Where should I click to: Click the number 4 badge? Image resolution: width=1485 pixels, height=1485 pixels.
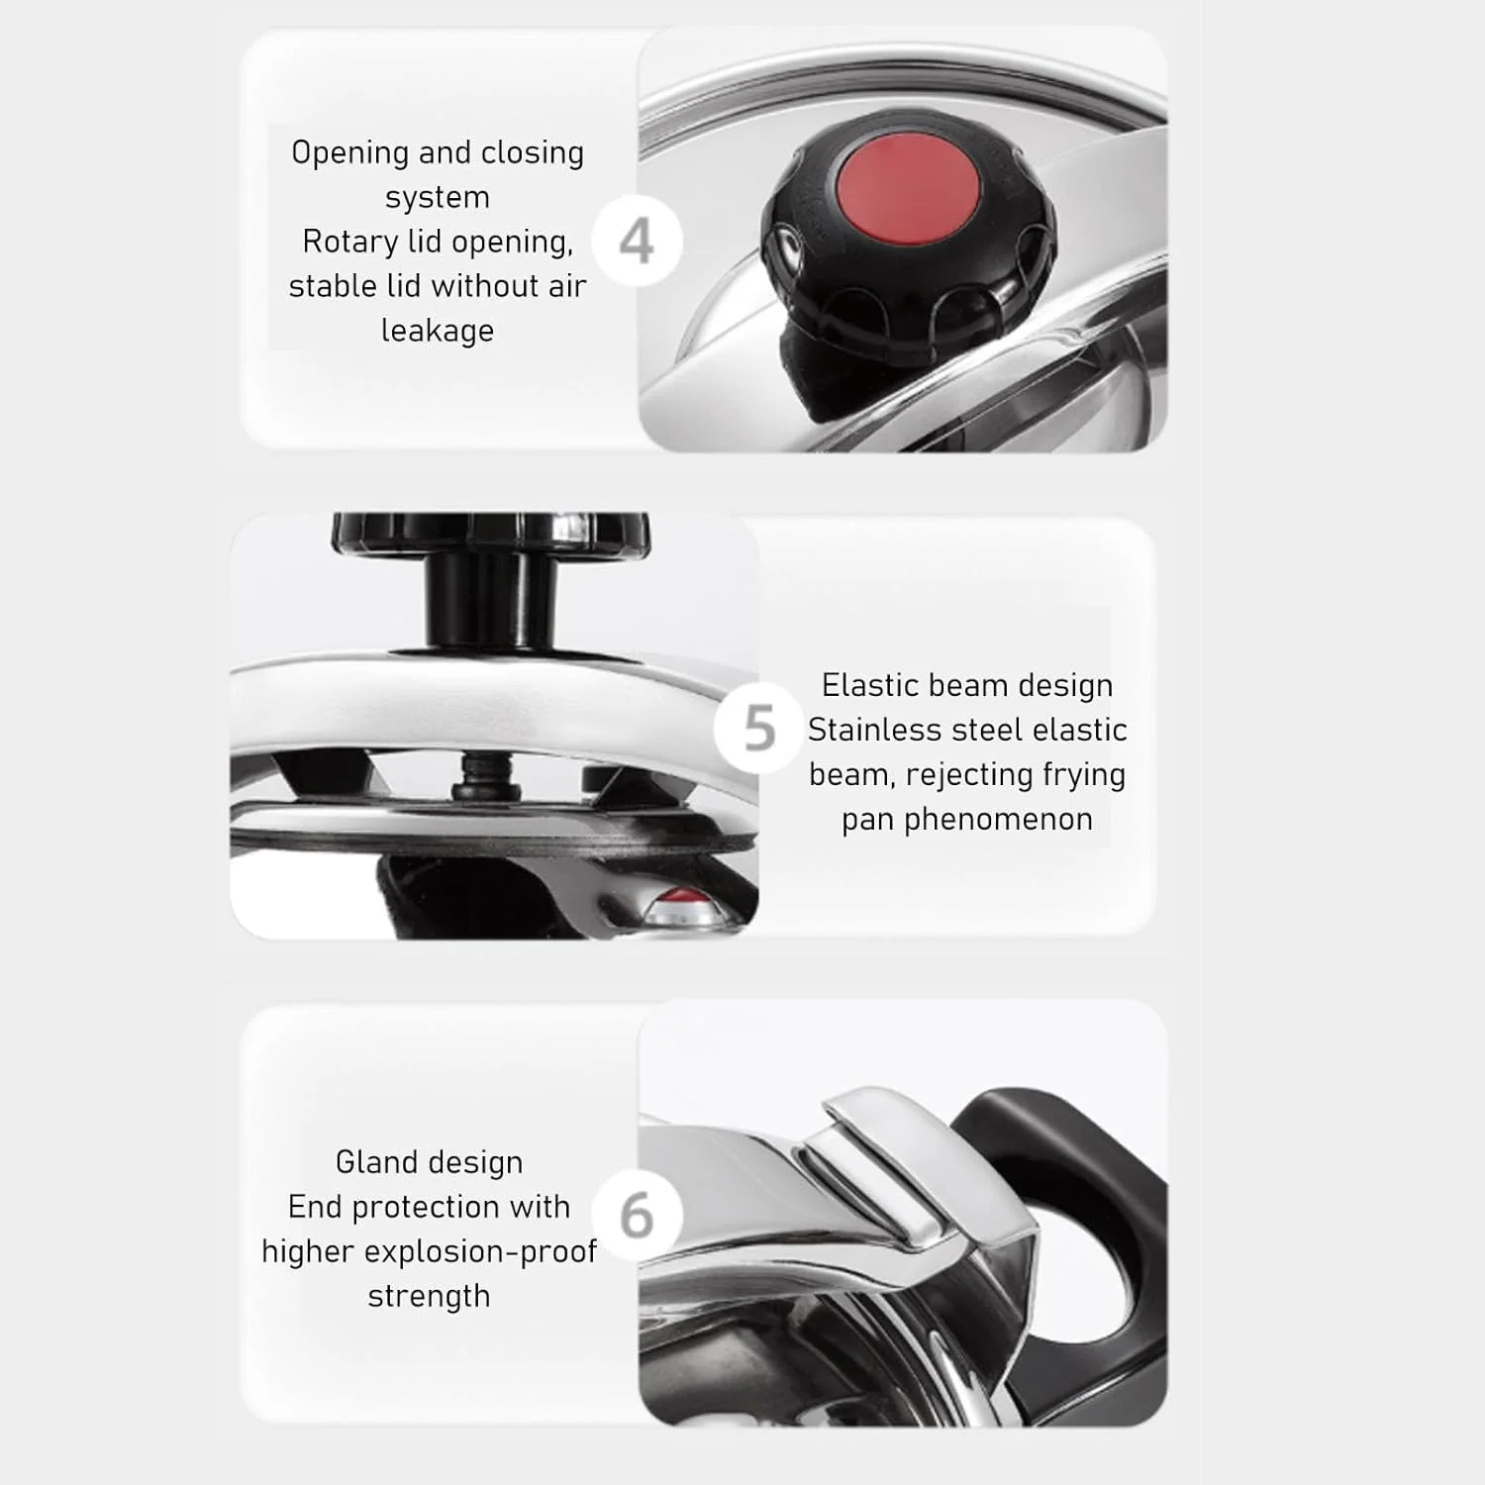[637, 242]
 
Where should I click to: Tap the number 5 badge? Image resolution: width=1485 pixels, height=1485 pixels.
[759, 729]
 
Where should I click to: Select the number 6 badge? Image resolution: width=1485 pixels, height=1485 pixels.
[637, 1216]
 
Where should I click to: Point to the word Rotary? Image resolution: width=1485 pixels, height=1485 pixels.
[349, 243]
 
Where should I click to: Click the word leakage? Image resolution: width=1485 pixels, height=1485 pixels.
[438, 331]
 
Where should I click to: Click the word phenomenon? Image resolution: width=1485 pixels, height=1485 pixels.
[967, 820]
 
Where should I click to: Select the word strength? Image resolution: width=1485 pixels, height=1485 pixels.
[429, 1297]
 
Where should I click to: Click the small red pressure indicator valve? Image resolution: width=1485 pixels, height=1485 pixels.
[681, 907]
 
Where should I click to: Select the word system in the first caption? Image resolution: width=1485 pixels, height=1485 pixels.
[438, 198]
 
